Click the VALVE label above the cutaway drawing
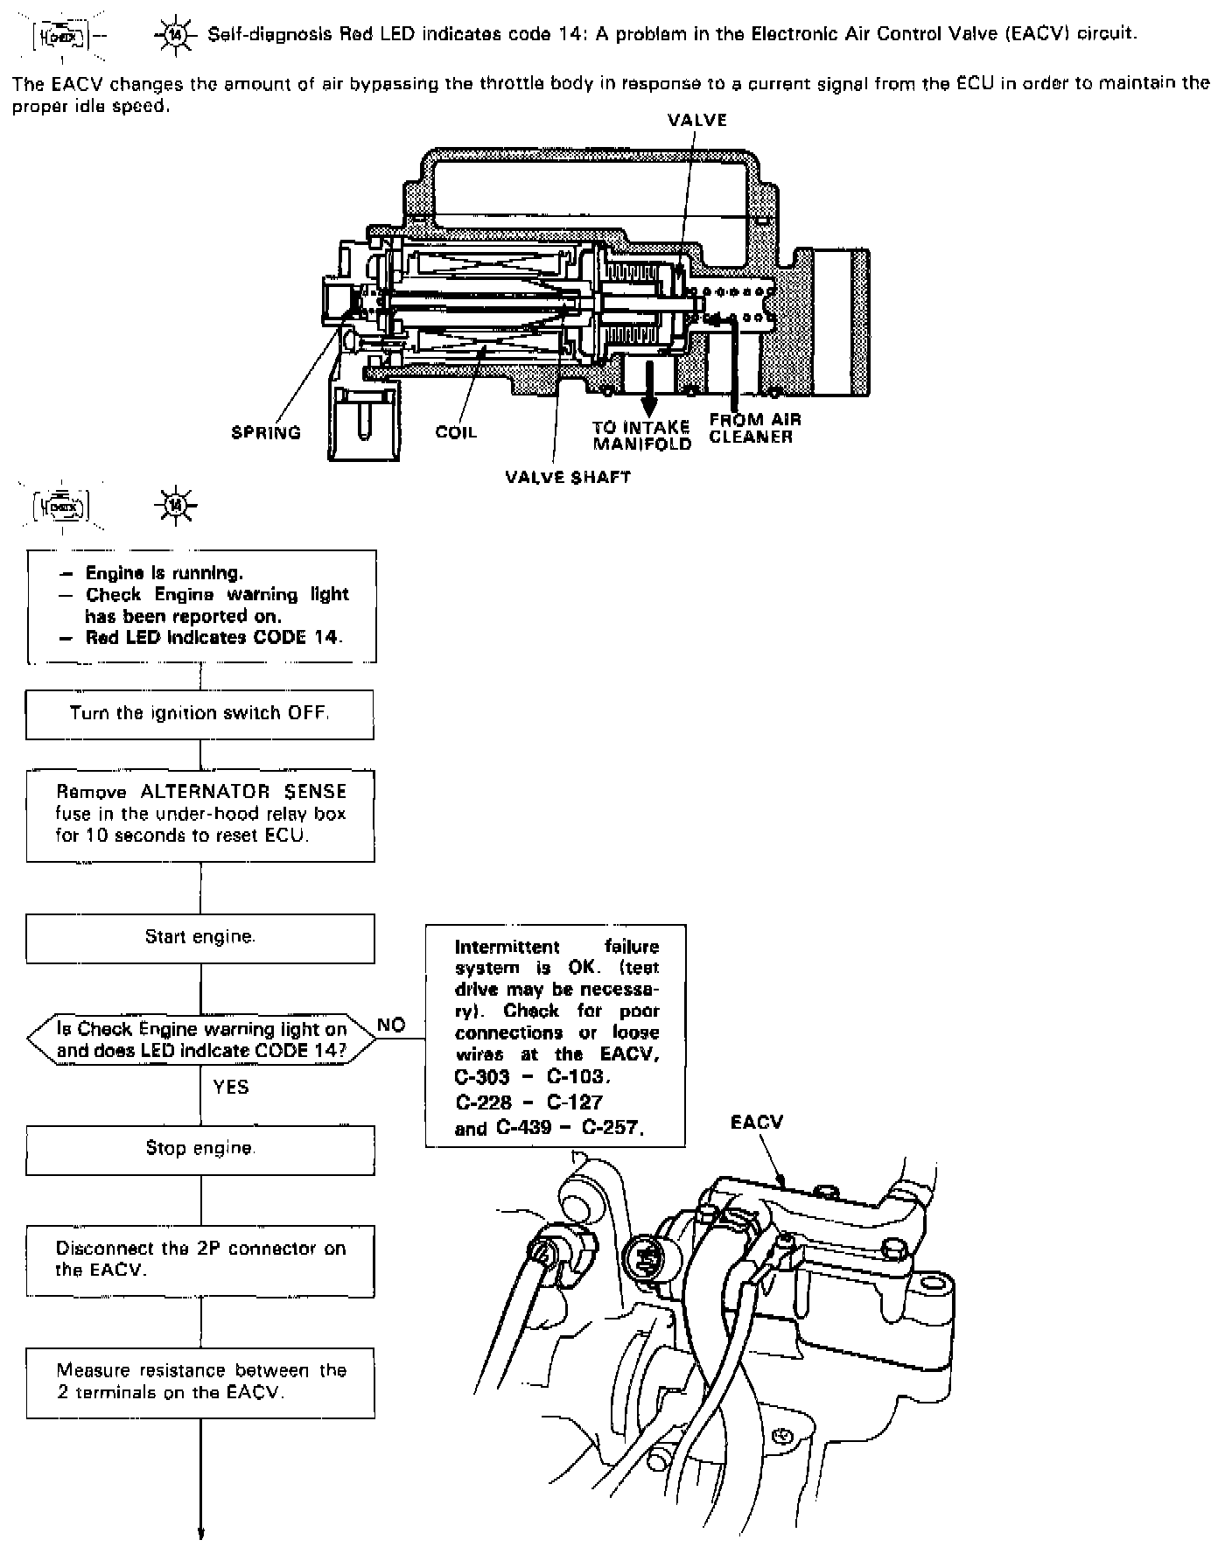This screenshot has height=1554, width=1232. [x=696, y=120]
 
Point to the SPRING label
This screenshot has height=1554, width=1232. [x=266, y=432]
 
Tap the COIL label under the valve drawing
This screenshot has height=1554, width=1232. [x=456, y=432]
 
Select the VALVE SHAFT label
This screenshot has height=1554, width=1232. [x=568, y=477]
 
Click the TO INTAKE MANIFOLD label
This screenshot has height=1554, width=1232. [x=641, y=436]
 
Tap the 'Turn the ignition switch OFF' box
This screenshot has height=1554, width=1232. [x=200, y=714]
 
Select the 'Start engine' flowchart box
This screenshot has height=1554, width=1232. [x=200, y=938]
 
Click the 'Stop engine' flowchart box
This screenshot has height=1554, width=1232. [x=200, y=1149]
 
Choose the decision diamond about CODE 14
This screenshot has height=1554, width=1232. [x=200, y=1039]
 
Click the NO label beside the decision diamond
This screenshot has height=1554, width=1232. [x=391, y=1025]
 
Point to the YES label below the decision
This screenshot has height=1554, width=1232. [x=231, y=1088]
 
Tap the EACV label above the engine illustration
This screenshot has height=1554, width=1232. [x=756, y=1123]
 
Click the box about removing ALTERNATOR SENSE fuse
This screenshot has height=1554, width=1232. [x=200, y=815]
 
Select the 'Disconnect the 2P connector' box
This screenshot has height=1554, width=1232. [x=200, y=1260]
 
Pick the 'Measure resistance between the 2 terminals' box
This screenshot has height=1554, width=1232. [x=200, y=1382]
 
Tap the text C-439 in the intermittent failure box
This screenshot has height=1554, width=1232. [x=521, y=1128]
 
